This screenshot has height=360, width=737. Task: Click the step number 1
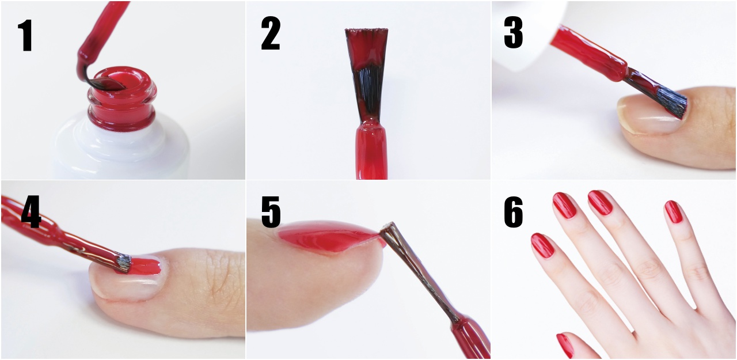click(x=25, y=35)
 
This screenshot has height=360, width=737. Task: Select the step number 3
click(x=513, y=32)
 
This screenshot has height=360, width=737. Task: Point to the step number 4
click(x=31, y=211)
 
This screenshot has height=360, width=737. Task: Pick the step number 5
click(x=271, y=211)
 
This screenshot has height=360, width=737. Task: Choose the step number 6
click(x=513, y=211)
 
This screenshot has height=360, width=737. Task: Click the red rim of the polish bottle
click(x=122, y=98)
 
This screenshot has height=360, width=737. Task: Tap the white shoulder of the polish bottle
click(x=121, y=148)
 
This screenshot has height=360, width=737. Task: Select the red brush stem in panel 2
click(x=371, y=151)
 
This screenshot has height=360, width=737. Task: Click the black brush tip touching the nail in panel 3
click(x=671, y=103)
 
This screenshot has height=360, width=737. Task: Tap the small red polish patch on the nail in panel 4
click(x=145, y=266)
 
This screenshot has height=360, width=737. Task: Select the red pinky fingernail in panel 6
click(x=674, y=211)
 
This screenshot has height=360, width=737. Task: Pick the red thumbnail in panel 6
click(x=565, y=346)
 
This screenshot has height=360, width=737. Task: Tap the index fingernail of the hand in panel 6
click(x=542, y=245)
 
